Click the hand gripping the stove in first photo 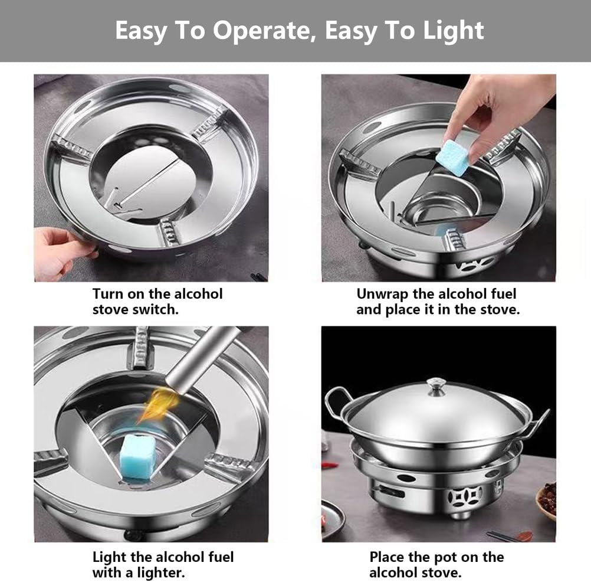[x=59, y=251]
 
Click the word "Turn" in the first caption [x=107, y=294]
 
